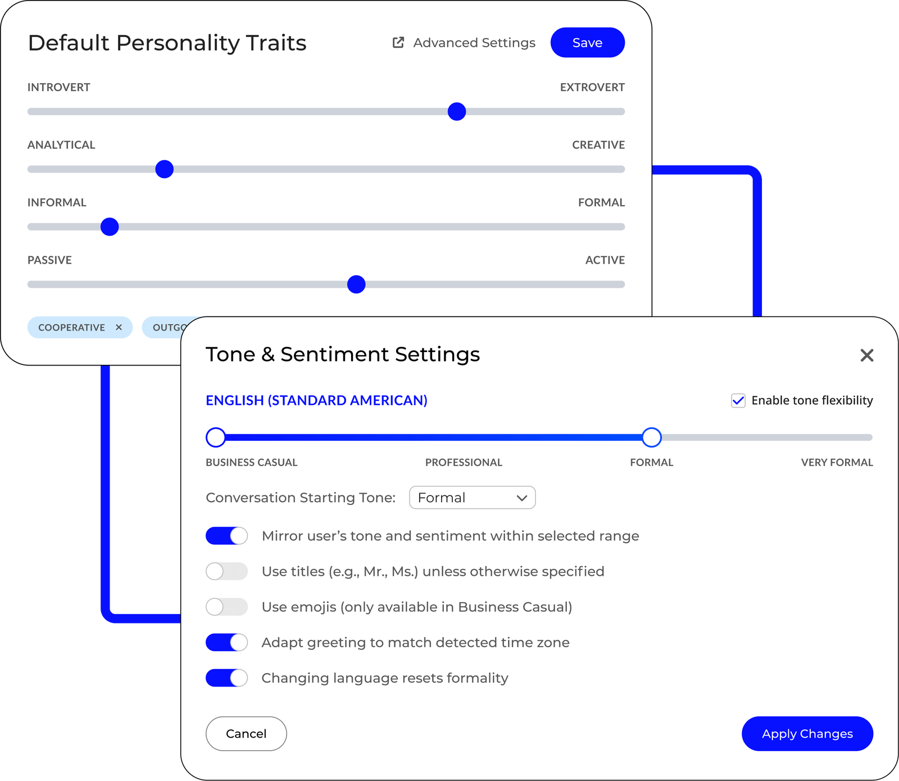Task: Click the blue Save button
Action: point(587,43)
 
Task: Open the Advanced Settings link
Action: point(464,43)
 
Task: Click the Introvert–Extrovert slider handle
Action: point(457,111)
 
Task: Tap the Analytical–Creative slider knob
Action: point(164,169)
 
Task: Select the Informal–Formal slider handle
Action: point(110,227)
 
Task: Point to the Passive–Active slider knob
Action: point(356,285)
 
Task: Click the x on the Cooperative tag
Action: point(119,327)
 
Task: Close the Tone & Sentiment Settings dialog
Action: point(866,355)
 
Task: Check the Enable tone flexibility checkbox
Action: point(738,400)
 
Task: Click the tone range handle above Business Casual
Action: point(216,437)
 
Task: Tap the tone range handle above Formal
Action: point(652,437)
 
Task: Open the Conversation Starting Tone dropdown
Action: point(472,498)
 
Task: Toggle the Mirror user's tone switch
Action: point(226,536)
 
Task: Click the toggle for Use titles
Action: point(226,571)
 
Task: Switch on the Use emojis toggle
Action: point(226,607)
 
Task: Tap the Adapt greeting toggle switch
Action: point(226,642)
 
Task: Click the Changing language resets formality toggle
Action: point(226,678)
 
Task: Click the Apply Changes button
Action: point(807,734)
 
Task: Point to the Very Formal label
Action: point(837,462)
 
